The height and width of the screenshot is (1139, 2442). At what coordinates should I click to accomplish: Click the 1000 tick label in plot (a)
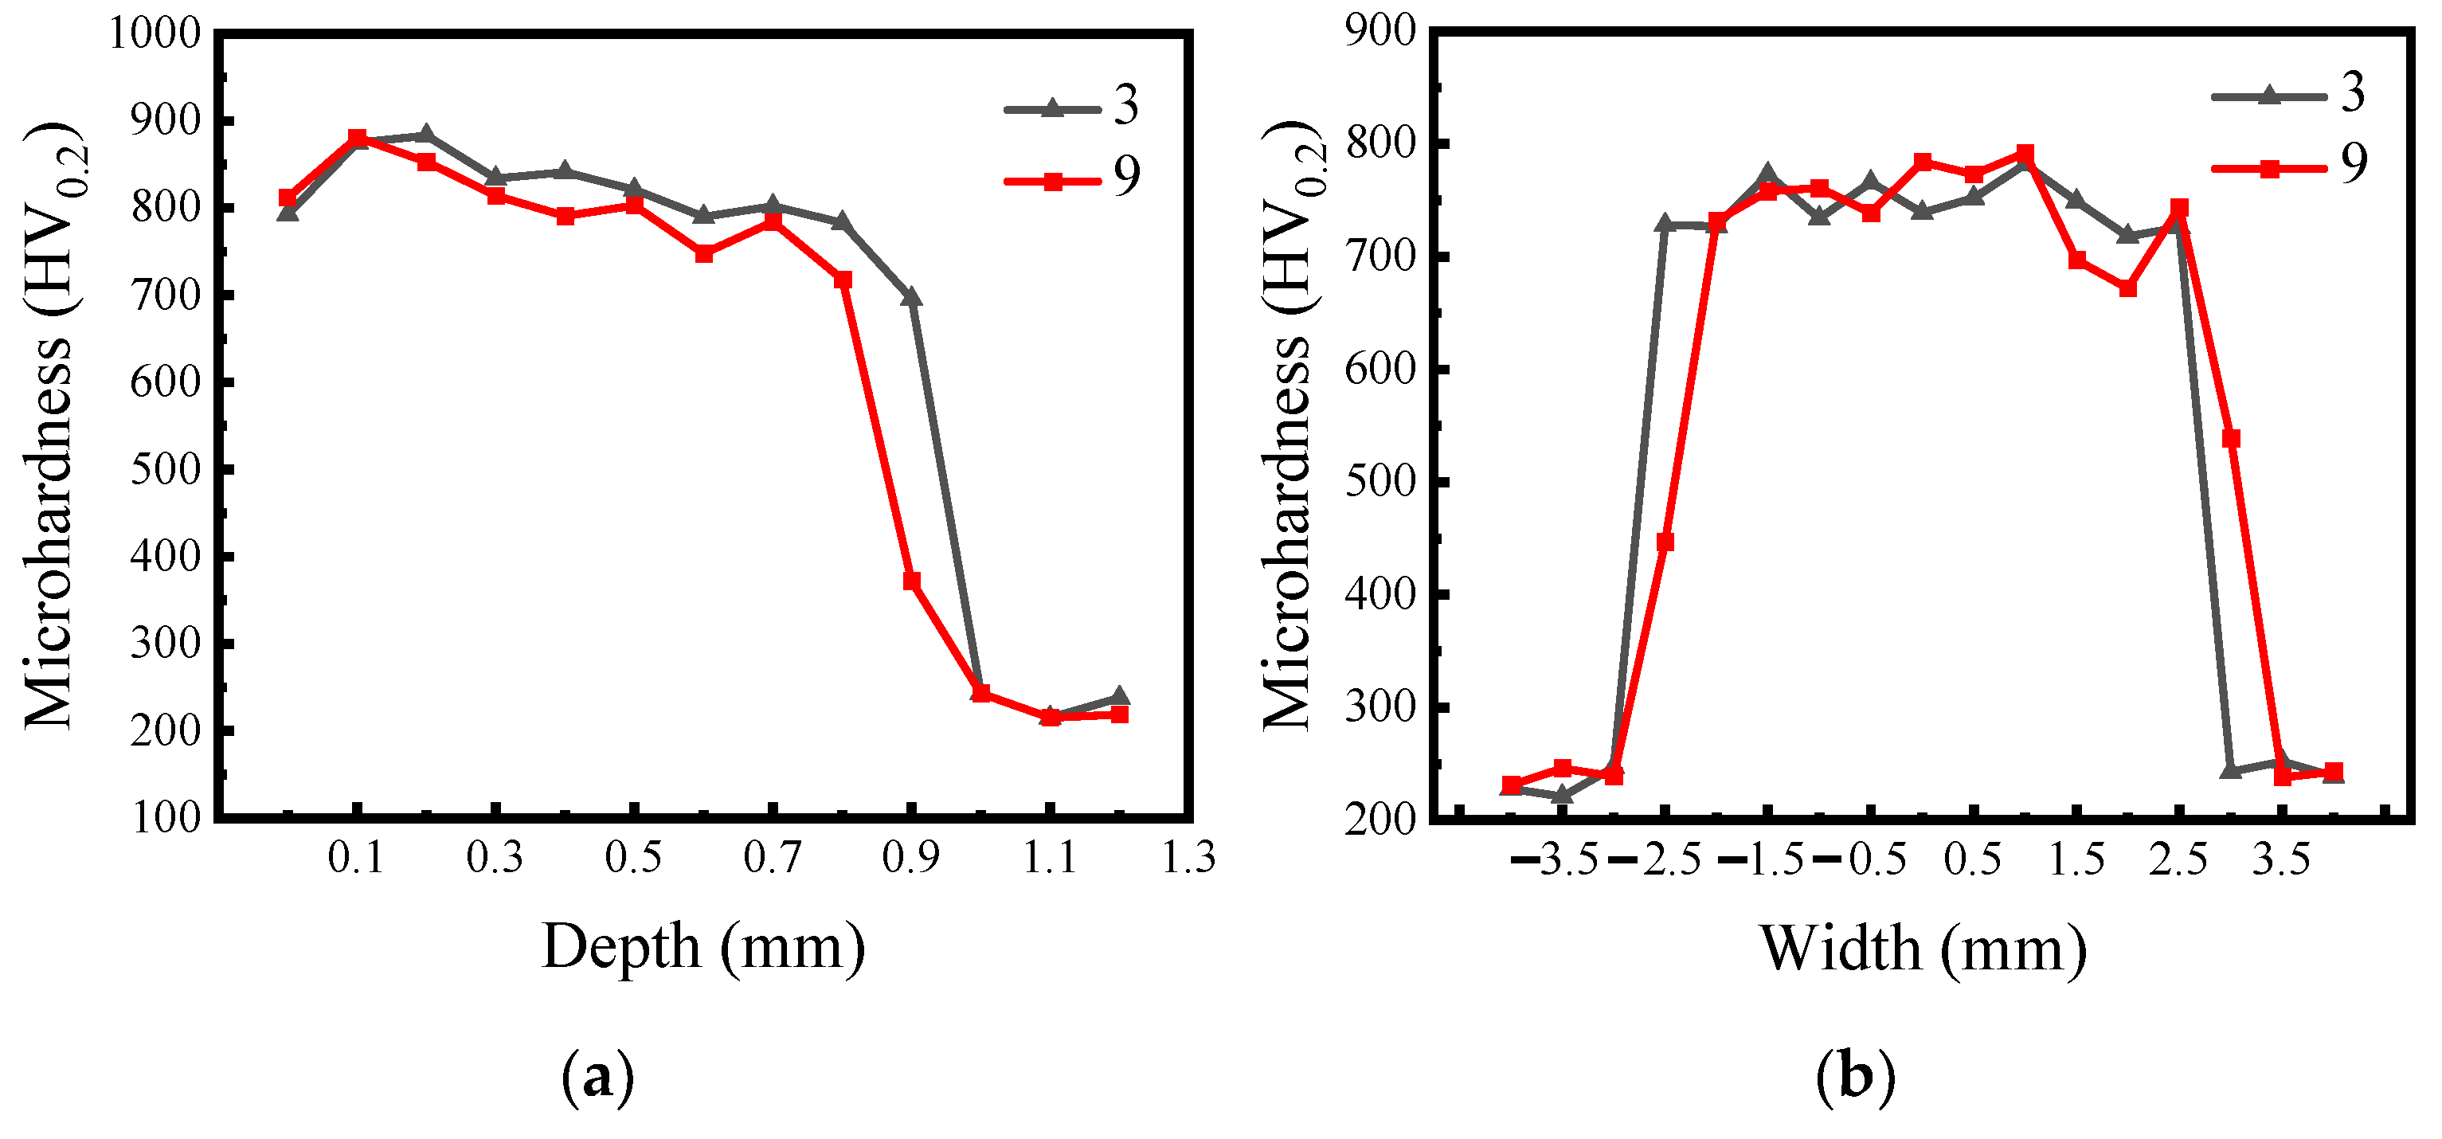pyautogui.click(x=155, y=34)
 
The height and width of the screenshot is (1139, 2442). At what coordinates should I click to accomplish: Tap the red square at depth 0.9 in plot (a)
pyautogui.click(x=912, y=581)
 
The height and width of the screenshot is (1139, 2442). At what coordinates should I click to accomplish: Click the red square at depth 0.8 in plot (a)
pyautogui.click(x=843, y=280)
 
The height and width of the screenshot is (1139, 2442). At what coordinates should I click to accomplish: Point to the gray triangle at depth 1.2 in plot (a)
pyautogui.click(x=1120, y=696)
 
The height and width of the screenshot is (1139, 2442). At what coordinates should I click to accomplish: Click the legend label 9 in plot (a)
pyautogui.click(x=1126, y=176)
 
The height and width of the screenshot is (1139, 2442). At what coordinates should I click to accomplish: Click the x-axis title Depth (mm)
pyautogui.click(x=703, y=947)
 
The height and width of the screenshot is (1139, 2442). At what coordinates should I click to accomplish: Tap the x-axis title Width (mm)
pyautogui.click(x=1923, y=949)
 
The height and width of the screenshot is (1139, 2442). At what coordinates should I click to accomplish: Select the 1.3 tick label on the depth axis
pyautogui.click(x=1189, y=857)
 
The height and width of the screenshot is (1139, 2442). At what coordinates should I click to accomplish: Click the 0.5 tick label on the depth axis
pyautogui.click(x=634, y=857)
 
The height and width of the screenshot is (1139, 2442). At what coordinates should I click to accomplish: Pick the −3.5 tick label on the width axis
pyautogui.click(x=1555, y=859)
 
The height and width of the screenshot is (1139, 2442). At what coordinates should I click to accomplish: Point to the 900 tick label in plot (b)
pyautogui.click(x=1379, y=32)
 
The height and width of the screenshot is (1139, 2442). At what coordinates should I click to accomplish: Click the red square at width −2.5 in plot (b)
pyautogui.click(x=1665, y=542)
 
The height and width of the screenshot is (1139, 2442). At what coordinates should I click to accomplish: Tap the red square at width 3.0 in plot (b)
pyautogui.click(x=2232, y=438)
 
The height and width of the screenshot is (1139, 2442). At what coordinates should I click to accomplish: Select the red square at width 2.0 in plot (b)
pyautogui.click(x=2128, y=288)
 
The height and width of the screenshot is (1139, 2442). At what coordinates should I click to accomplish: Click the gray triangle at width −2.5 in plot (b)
pyautogui.click(x=1665, y=224)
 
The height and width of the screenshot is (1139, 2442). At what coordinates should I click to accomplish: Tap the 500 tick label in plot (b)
pyautogui.click(x=1379, y=483)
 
